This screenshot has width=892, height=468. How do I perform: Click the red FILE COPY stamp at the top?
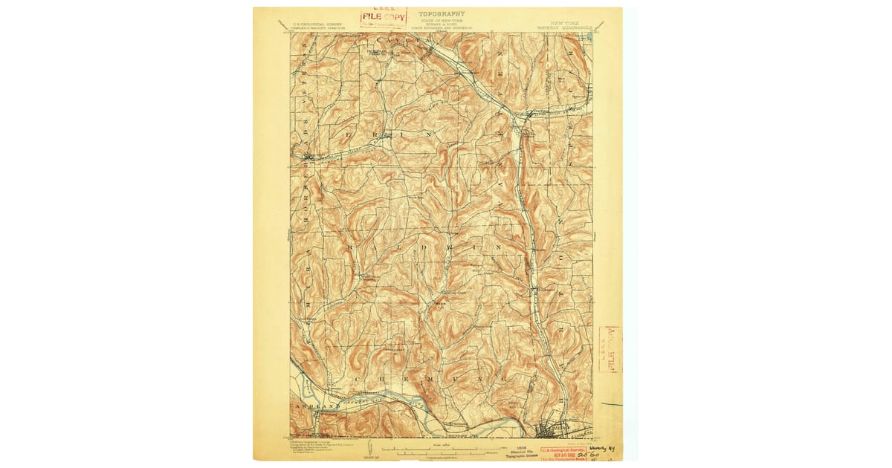(384, 16)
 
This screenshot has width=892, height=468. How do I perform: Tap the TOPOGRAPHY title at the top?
(442, 13)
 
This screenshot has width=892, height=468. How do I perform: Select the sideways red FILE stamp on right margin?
(609, 345)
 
